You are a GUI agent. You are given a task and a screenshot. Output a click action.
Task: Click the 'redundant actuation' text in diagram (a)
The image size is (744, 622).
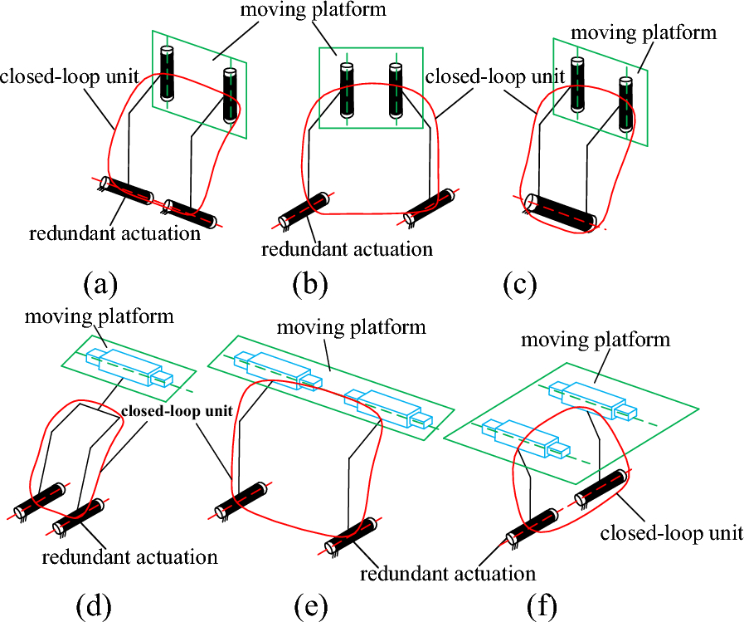[x=114, y=233]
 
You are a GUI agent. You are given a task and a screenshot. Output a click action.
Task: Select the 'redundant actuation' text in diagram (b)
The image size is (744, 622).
[x=347, y=248]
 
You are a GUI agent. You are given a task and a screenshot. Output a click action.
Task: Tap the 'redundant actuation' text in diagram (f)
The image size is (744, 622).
[x=449, y=573]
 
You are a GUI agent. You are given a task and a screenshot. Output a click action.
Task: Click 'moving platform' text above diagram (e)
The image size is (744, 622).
[x=351, y=326]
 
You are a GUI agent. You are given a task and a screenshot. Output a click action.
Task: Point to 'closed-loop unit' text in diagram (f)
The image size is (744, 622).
[x=672, y=531]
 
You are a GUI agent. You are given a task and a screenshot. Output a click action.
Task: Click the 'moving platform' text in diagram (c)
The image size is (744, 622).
[x=643, y=33]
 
